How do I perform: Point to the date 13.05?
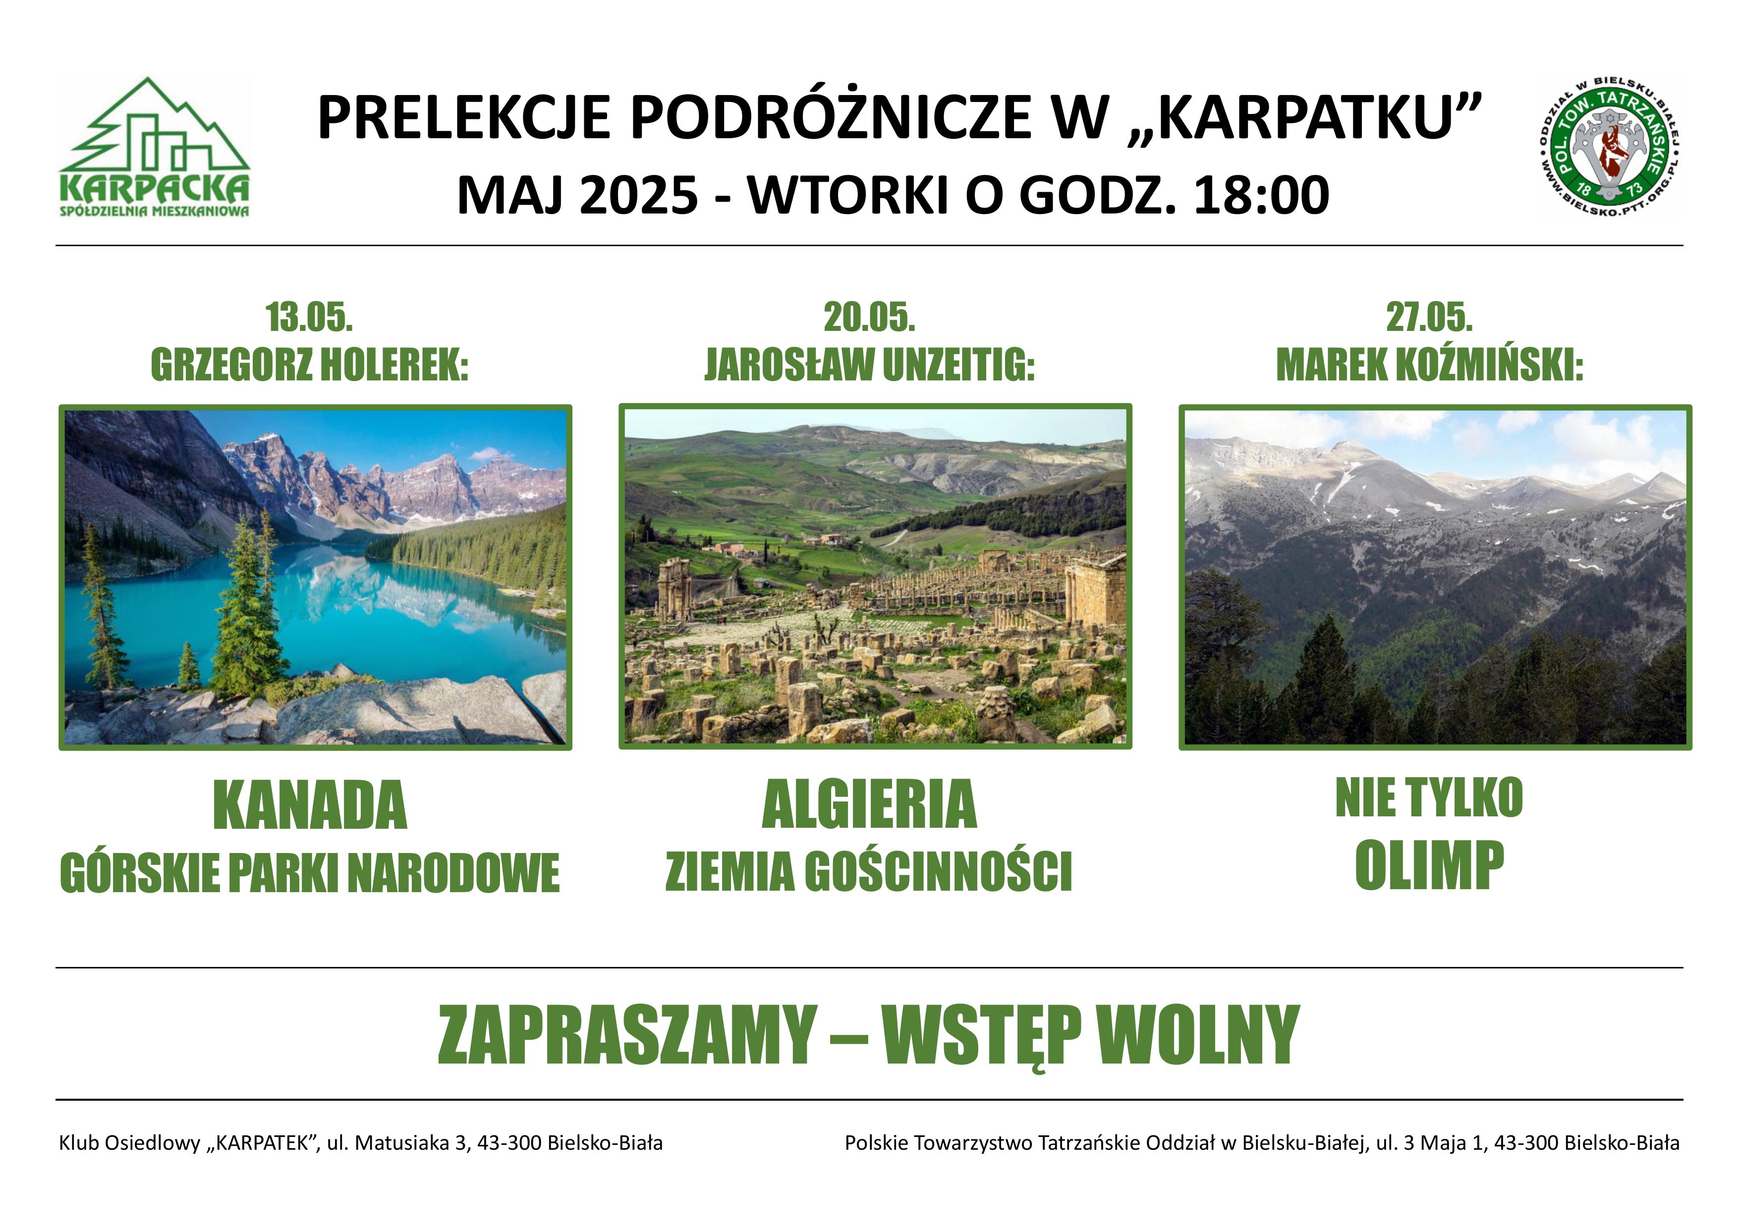pos(309,318)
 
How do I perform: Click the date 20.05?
pos(869,318)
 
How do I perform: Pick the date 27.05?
pos(1429,318)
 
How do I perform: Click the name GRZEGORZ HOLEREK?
pos(309,366)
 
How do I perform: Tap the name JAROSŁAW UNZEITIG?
pos(869,366)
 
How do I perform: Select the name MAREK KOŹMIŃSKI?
pos(1429,365)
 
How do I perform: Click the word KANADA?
pos(310,805)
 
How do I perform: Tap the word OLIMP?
pos(1429,865)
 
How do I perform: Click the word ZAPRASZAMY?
pos(627,1035)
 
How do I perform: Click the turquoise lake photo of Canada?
pos(315,577)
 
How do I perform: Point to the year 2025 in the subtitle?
pos(638,195)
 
